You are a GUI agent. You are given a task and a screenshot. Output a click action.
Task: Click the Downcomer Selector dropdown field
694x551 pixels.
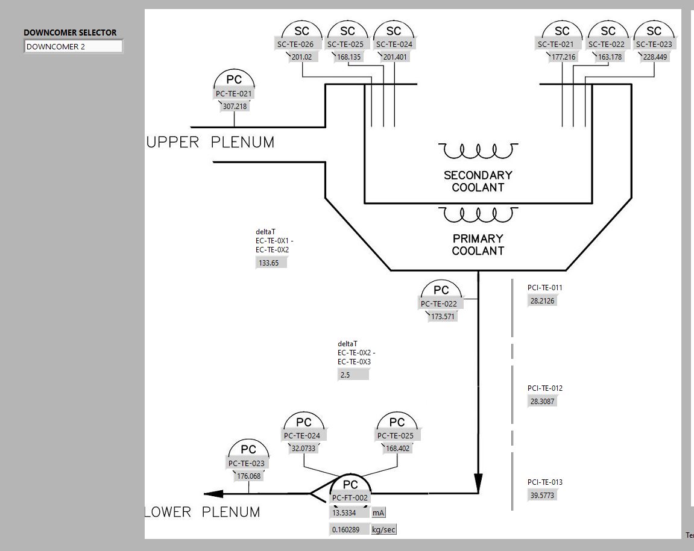tap(73, 46)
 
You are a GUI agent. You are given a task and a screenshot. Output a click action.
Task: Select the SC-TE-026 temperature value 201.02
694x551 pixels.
tap(301, 57)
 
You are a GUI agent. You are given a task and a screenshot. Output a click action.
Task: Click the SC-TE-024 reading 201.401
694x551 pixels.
tap(395, 57)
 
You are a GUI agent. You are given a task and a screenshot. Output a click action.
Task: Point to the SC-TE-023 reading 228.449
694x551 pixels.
tap(655, 57)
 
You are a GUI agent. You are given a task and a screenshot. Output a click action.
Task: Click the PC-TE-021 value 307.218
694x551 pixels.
tap(235, 107)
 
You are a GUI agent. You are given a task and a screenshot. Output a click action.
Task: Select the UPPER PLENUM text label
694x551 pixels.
tap(210, 143)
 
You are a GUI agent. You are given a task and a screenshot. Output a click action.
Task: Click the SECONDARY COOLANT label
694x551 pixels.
tap(478, 181)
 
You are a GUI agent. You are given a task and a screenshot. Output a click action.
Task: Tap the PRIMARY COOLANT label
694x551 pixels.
tap(478, 244)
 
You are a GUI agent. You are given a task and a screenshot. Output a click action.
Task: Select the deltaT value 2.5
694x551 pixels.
tap(352, 375)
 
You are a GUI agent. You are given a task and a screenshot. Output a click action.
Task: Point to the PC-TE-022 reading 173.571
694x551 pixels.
tap(443, 317)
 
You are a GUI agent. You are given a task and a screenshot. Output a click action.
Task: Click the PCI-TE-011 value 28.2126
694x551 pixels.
tap(542, 301)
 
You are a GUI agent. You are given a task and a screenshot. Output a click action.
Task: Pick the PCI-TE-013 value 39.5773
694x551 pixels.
tap(542, 496)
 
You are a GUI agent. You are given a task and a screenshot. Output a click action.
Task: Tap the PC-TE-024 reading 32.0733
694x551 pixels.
tap(303, 449)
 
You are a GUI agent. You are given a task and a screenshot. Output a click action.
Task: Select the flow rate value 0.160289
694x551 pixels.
tap(348, 530)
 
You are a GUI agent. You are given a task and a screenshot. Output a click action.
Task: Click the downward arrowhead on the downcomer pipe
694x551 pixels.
tap(478, 482)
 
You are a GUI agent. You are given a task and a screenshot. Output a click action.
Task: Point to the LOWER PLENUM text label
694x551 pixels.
tap(203, 512)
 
